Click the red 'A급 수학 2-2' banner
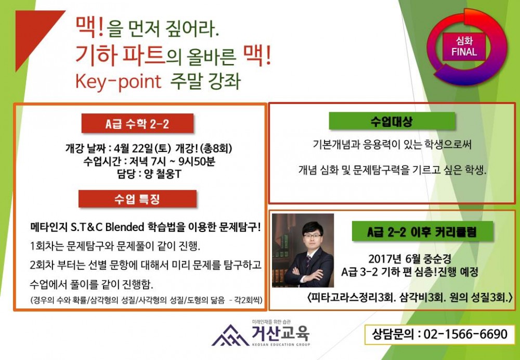[x=137, y=124]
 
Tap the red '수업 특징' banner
[x=137, y=199]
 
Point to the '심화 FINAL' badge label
[x=464, y=47]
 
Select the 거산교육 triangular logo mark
[x=230, y=336]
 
